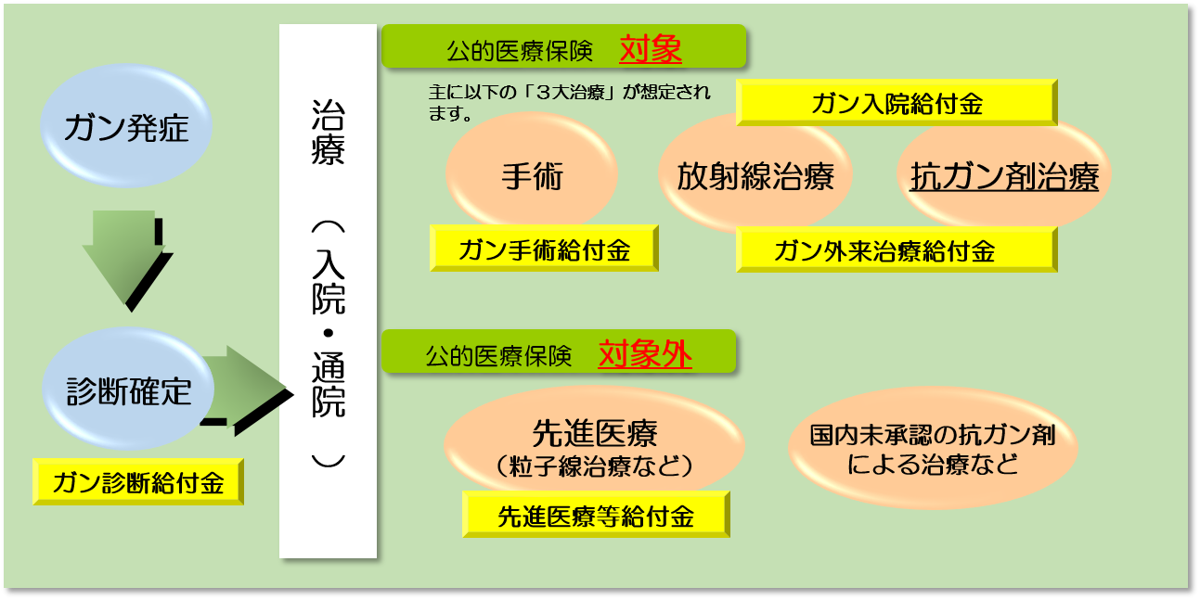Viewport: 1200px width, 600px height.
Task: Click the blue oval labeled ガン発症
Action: coord(126,126)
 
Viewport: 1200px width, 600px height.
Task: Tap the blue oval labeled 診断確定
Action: coord(128,389)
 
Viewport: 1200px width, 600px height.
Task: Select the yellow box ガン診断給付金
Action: coord(138,481)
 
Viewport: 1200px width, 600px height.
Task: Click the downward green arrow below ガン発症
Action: coord(126,260)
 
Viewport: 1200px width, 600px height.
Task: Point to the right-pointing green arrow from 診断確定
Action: coord(248,389)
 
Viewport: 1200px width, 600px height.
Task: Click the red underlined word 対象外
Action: coord(645,354)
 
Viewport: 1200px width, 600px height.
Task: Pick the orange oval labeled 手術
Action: coord(532,172)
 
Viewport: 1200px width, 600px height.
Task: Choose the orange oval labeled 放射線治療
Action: coord(755,174)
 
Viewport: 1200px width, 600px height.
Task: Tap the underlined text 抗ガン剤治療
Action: coord(1004,176)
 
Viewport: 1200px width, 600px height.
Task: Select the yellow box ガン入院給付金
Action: coord(897,103)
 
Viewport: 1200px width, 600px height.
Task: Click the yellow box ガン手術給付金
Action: coord(544,249)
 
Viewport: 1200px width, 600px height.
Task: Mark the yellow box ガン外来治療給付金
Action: coord(897,250)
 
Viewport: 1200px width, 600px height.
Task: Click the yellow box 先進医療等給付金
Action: coord(596,515)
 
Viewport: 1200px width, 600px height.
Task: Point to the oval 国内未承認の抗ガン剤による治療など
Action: coord(933,448)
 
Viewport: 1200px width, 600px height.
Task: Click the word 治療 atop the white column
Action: coord(328,132)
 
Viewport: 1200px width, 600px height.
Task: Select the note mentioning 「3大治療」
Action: coord(569,102)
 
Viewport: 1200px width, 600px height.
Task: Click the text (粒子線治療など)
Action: coord(594,466)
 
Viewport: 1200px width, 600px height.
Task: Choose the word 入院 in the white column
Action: coord(329,282)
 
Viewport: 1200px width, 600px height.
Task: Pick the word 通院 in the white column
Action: coord(329,384)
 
